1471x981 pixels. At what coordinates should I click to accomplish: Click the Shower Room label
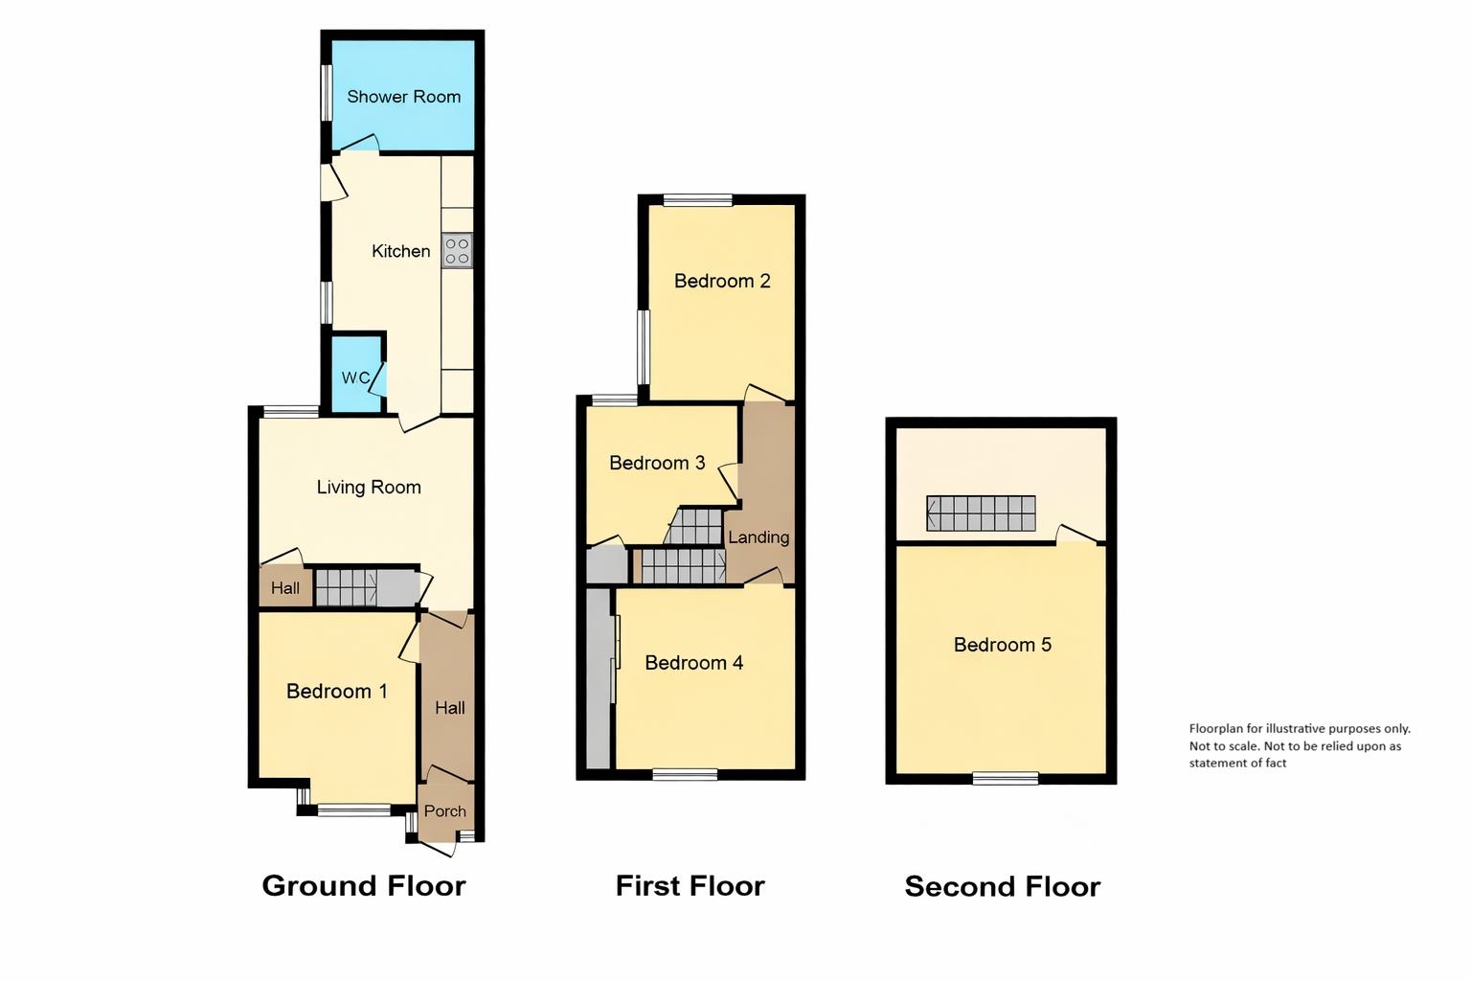[x=404, y=98]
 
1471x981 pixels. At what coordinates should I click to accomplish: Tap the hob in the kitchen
[x=458, y=250]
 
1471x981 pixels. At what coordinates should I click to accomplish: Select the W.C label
[x=356, y=377]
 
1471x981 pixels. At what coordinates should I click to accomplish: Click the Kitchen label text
[x=400, y=251]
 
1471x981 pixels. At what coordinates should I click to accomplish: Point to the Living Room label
[x=369, y=488]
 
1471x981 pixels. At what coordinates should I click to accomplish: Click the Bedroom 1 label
[x=337, y=692]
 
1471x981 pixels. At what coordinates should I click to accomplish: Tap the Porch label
[x=445, y=810]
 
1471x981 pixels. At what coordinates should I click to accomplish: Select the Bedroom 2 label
[x=722, y=282]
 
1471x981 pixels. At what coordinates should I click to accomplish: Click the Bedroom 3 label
[x=657, y=464]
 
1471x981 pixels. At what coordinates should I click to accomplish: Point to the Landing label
[x=758, y=537]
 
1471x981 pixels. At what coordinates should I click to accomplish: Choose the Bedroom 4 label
[x=694, y=663]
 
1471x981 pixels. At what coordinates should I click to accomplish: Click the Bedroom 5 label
[x=1003, y=645]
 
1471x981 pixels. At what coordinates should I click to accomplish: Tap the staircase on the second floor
[x=981, y=513]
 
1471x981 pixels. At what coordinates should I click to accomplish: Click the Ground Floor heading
[x=364, y=886]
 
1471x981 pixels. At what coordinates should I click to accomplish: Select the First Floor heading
[x=690, y=886]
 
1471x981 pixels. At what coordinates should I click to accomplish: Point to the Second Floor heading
[x=1002, y=886]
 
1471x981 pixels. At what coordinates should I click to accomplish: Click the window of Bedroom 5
[x=1006, y=779]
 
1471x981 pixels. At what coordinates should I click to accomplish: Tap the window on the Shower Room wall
[x=326, y=92]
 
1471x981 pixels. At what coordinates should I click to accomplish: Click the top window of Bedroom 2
[x=697, y=200]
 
